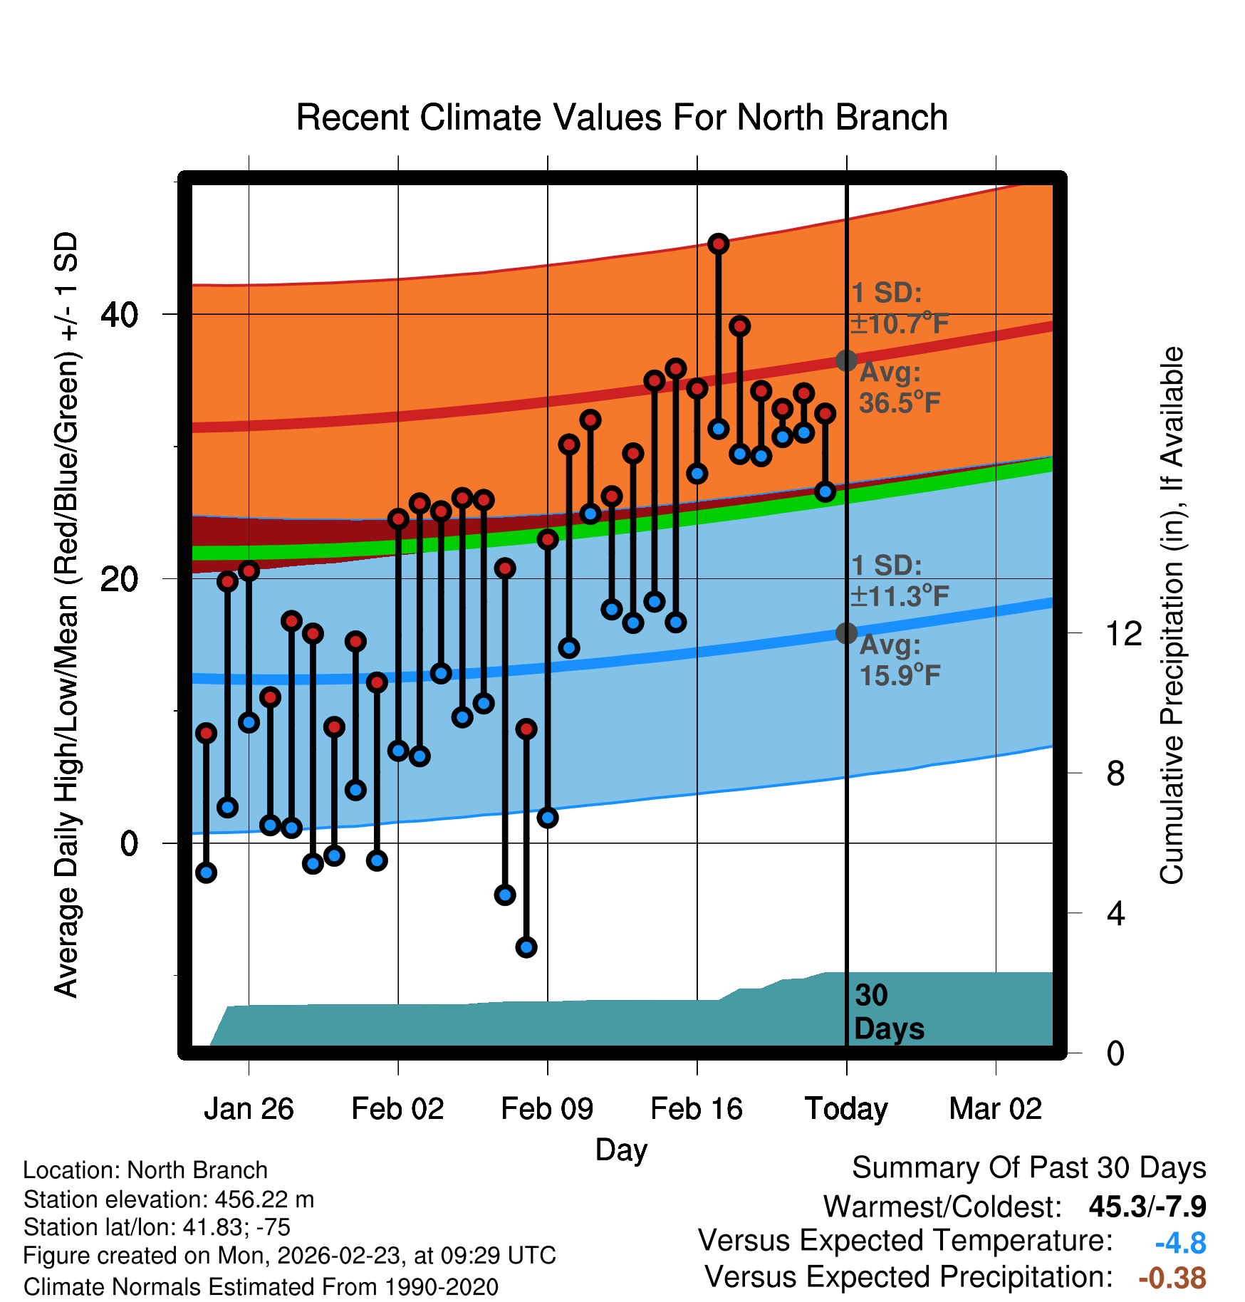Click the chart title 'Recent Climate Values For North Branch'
(622, 118)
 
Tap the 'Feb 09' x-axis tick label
(547, 1109)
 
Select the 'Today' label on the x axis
(846, 1109)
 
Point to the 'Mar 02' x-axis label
(995, 1109)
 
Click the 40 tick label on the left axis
(119, 314)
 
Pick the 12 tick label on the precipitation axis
(1124, 633)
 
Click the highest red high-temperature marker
(718, 244)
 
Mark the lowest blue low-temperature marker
(526, 947)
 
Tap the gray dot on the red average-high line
(846, 360)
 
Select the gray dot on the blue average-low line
(846, 632)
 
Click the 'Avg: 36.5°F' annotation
(899, 388)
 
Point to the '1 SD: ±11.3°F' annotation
(900, 581)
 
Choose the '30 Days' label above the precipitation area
(888, 1012)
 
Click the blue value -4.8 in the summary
(1180, 1244)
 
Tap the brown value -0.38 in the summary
(1172, 1278)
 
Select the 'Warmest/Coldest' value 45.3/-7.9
(1147, 1207)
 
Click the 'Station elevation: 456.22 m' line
(169, 1199)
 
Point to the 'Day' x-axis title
(621, 1150)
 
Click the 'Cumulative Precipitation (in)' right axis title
(1172, 615)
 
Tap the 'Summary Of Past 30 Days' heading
(1028, 1168)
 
